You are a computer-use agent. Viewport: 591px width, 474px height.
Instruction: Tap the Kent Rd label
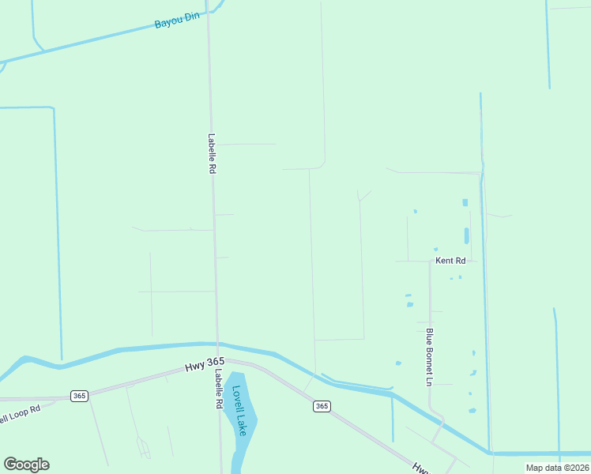coord(450,260)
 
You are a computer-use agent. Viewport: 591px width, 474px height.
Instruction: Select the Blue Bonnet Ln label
coord(430,357)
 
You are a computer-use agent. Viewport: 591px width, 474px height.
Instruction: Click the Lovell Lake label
coord(239,411)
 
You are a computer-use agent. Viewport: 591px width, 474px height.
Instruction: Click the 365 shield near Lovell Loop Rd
coord(78,396)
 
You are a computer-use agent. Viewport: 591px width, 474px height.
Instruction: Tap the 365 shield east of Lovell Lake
coord(321,406)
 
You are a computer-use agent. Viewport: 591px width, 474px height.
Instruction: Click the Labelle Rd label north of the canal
coord(212,153)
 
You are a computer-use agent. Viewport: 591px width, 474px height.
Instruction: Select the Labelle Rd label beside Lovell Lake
coord(218,390)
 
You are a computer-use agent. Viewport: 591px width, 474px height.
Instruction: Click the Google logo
coord(26,465)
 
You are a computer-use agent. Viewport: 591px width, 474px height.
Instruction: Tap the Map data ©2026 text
coord(558,468)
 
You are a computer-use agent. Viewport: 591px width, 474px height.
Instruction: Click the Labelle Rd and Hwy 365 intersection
coord(217,363)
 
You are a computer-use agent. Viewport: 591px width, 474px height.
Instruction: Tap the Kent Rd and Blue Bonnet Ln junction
coord(430,261)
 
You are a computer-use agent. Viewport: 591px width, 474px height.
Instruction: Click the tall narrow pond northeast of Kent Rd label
coord(466,235)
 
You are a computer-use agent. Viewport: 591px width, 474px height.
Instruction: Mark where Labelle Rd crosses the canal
coord(217,344)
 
